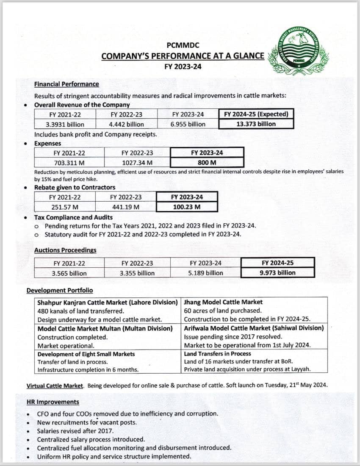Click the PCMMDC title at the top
[x=183, y=45]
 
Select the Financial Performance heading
[x=66, y=84]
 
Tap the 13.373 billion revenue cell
[x=256, y=124]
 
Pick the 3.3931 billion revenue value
[x=65, y=125]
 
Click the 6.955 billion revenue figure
[x=188, y=125]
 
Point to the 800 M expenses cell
[x=207, y=163]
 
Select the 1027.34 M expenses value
[x=137, y=163]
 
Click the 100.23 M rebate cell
[x=187, y=207]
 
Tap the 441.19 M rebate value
[x=126, y=207]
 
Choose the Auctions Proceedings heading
[x=65, y=250]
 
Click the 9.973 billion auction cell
[x=277, y=273]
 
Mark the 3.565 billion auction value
[x=69, y=273]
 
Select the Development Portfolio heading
[x=60, y=291]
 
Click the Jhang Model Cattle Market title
[x=223, y=302]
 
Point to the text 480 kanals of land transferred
[x=80, y=311]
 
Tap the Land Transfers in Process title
[x=217, y=354]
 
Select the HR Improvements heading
[x=53, y=402]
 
